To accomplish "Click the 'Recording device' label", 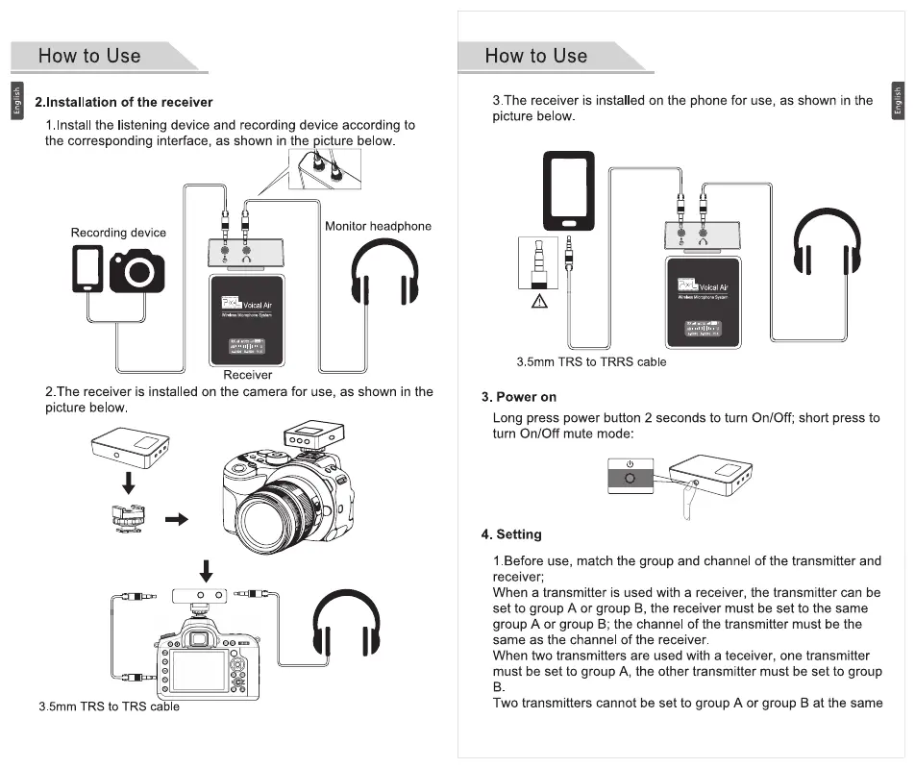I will tap(118, 233).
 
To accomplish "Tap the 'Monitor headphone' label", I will tap(378, 226).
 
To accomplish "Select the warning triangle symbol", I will tap(539, 302).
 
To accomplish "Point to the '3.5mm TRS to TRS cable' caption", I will tap(109, 706).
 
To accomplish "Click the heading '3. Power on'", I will tap(519, 397).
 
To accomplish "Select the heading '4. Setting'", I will tap(511, 534).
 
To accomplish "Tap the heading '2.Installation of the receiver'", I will tap(124, 102).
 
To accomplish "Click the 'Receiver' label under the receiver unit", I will tap(248, 375).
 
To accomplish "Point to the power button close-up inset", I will tap(631, 477).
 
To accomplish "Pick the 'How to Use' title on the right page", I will tap(535, 56).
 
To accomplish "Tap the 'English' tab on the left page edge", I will tap(15, 101).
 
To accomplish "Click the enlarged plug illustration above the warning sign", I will tap(539, 261).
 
